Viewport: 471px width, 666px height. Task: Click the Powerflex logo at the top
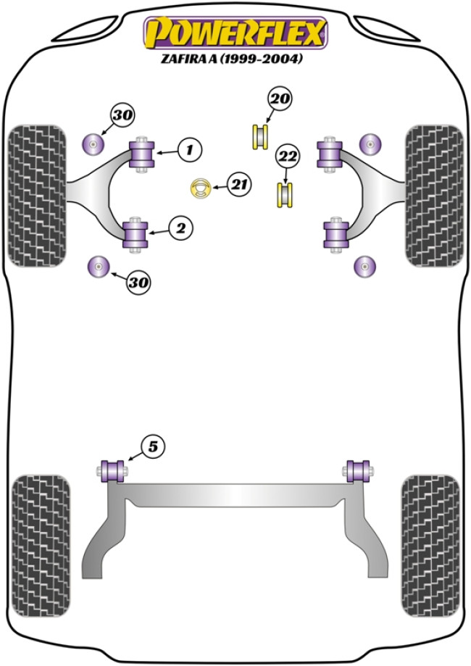(x=236, y=33)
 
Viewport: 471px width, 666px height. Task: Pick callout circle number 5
(x=152, y=447)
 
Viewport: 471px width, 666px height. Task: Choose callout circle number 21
(x=238, y=185)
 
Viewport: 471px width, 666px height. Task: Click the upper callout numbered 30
(x=123, y=115)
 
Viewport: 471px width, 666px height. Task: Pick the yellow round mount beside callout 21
(x=199, y=188)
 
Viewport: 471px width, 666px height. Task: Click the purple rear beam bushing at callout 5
(x=112, y=470)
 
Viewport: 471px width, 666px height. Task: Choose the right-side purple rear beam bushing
(x=357, y=470)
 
